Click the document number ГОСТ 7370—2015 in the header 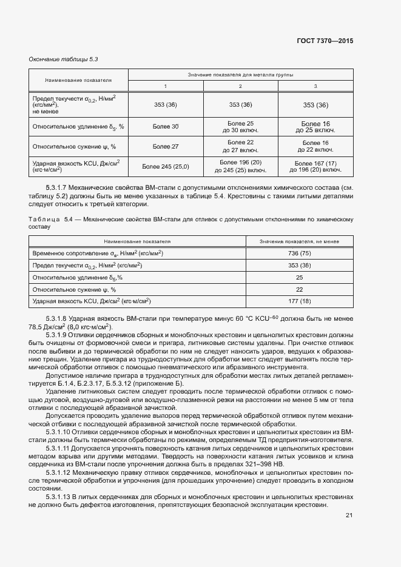tap(324, 41)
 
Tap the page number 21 tap(349, 515)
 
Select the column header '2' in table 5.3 tap(240, 86)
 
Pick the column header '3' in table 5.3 tap(315, 86)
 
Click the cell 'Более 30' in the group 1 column tap(166, 126)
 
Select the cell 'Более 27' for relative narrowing tap(166, 146)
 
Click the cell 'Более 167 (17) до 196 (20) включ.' tap(315, 166)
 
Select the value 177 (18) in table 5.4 tap(299, 301)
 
